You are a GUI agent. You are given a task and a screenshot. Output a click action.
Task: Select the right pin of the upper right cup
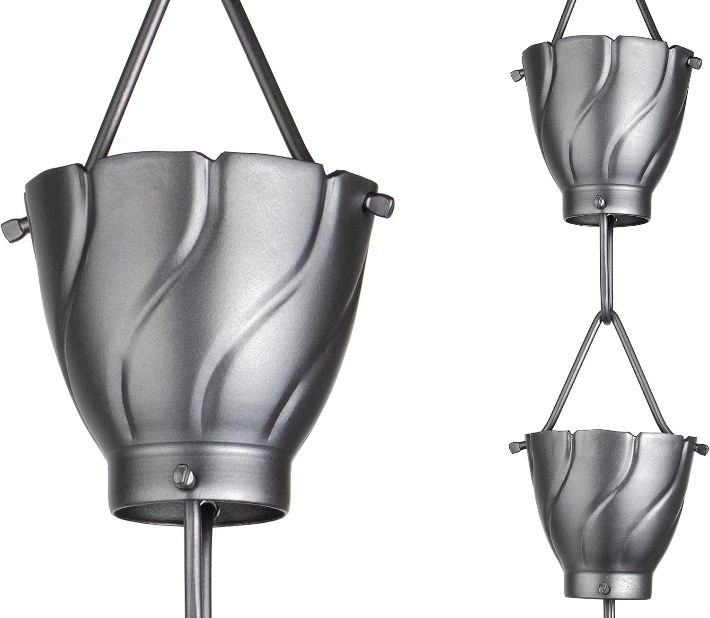coord(694,62)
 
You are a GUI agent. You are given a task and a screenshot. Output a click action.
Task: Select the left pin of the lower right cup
coord(515,447)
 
